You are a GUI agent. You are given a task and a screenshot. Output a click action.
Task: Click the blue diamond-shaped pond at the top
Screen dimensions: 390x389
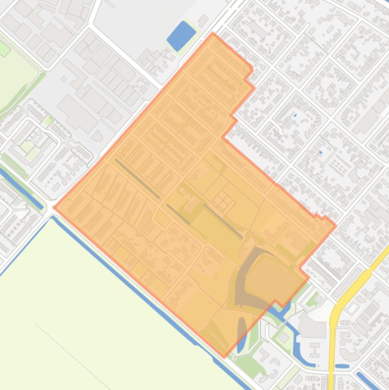(x=181, y=35)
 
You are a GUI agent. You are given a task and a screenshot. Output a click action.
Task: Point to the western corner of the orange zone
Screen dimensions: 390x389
(x=55, y=207)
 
